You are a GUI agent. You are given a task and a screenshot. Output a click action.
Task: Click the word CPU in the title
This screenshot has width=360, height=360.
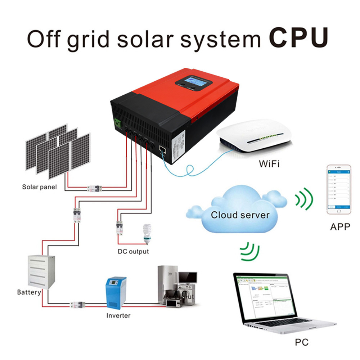[298, 37]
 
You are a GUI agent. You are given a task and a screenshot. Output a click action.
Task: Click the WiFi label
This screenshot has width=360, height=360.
[269, 164]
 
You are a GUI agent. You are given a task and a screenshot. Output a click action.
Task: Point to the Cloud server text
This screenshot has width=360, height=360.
[240, 215]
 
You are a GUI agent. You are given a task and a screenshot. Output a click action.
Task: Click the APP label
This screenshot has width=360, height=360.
[340, 228]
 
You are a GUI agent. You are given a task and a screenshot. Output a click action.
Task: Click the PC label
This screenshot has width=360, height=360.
[301, 342]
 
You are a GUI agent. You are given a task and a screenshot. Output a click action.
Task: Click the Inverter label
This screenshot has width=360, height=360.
[118, 316]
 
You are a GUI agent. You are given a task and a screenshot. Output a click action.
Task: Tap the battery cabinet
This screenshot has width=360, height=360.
[41, 272]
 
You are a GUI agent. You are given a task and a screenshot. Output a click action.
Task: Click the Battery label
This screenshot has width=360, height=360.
[29, 292]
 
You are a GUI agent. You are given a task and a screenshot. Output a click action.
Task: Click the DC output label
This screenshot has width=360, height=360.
[133, 251]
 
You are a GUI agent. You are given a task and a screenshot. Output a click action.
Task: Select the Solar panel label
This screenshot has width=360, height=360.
[39, 187]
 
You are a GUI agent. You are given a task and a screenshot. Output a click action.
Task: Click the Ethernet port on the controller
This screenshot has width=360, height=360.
[162, 150]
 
